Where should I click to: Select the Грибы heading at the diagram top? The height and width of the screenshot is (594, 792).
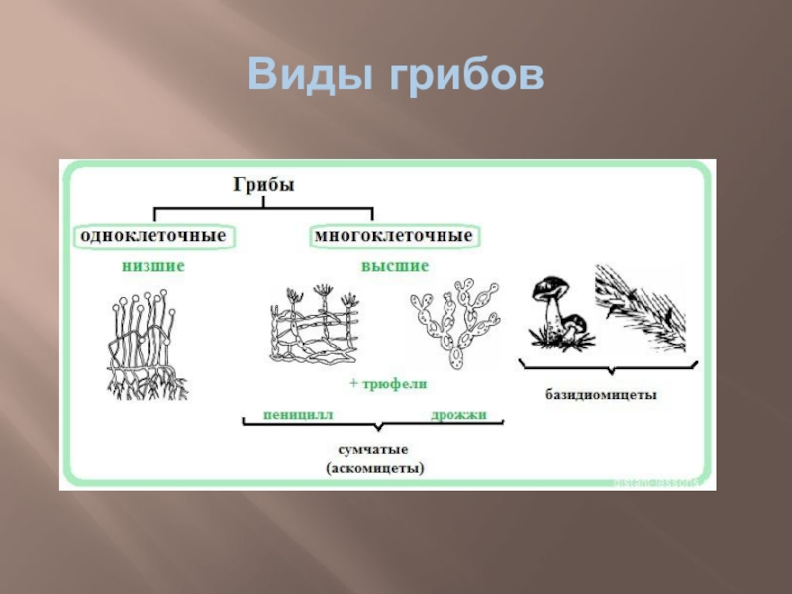coord(264,185)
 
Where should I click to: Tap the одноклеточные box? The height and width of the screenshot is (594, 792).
coord(153,237)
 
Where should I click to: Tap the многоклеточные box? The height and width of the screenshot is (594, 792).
coord(394,237)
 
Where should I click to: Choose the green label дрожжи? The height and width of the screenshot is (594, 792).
coord(458,414)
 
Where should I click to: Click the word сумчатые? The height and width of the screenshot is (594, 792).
coord(373,450)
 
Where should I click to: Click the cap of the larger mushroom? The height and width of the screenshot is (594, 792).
coord(546,288)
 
